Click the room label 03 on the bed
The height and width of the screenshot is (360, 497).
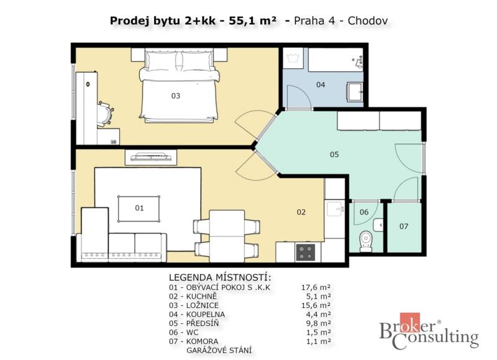tap(176, 96)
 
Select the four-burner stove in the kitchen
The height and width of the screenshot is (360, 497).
tap(305, 253)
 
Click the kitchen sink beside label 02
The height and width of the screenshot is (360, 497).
tap(335, 208)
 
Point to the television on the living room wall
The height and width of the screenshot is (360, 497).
tap(151, 156)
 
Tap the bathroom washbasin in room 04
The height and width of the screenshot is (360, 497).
tap(355, 92)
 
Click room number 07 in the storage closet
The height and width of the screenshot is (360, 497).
tap(403, 226)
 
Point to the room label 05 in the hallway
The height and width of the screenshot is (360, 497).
tap(334, 154)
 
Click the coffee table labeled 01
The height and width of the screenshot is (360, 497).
tap(139, 209)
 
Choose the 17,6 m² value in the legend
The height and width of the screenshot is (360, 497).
tap(316, 287)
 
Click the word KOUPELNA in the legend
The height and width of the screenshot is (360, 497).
tap(206, 315)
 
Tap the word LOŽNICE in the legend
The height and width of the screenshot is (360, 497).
tap(203, 305)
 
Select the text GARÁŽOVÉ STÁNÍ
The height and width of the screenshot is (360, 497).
tap(219, 351)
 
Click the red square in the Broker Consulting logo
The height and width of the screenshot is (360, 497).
tap(410, 322)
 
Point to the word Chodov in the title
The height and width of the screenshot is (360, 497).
tap(368, 21)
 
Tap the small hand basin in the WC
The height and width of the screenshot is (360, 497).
tap(378, 225)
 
